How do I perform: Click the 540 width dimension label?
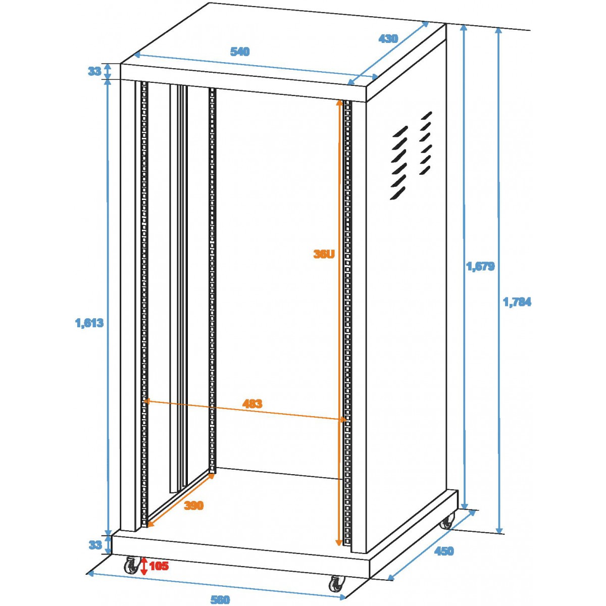(240, 52)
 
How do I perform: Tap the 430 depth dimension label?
(388, 39)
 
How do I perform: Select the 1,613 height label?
(89, 323)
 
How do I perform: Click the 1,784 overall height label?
(517, 302)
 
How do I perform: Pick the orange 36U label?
(324, 254)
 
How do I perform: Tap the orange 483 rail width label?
(252, 403)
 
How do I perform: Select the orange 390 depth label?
(194, 506)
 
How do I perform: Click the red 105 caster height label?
(159, 566)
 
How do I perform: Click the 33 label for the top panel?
(94, 71)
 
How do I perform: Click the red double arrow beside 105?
(144, 567)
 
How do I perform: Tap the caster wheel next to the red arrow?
(131, 566)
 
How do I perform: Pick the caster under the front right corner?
(336, 583)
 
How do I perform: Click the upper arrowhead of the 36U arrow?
(339, 104)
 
